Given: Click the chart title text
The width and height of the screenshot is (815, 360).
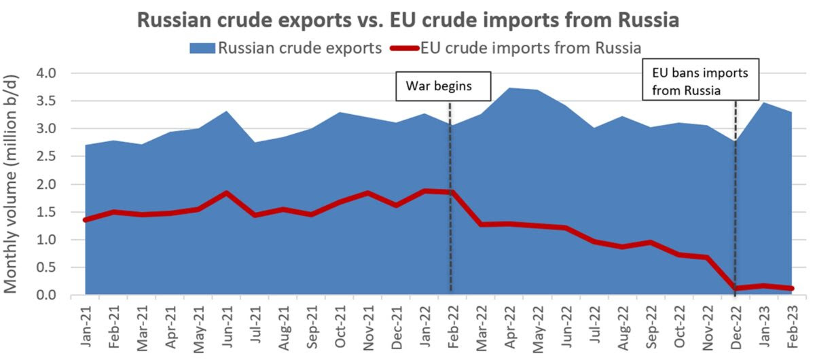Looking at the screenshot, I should [x=408, y=19].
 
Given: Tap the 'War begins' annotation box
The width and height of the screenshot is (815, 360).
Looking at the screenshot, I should [x=438, y=86].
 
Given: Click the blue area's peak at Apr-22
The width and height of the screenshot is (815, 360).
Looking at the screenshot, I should [x=508, y=88].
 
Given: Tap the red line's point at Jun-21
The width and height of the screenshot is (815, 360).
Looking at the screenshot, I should [x=226, y=193].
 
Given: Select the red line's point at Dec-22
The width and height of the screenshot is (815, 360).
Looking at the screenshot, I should [x=736, y=289].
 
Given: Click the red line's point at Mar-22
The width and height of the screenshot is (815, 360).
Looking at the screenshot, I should [x=480, y=224].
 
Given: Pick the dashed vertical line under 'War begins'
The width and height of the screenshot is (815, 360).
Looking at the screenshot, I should [x=451, y=204].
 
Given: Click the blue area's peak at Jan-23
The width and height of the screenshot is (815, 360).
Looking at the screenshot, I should [x=764, y=103].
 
